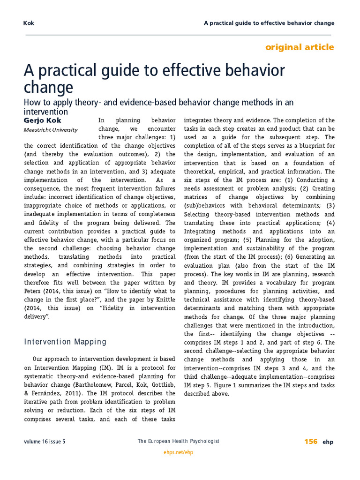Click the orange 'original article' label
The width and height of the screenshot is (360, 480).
(x=300, y=47)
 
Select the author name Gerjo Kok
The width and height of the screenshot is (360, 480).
(x=42, y=120)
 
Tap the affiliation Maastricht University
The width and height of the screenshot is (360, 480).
(x=51, y=130)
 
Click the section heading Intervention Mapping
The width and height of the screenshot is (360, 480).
(x=65, y=342)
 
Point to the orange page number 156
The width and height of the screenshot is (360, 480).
(x=311, y=442)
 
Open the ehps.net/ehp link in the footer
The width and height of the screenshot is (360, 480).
(x=178, y=452)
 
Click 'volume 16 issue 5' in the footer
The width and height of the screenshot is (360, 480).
(x=45, y=442)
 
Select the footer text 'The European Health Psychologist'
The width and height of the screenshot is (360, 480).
(x=178, y=442)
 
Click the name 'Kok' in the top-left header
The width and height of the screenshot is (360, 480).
(x=29, y=23)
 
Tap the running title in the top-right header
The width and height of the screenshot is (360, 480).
(x=269, y=23)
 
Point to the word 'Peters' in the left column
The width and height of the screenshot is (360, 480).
(x=33, y=291)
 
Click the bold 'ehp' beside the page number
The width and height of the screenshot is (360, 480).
(x=328, y=442)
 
